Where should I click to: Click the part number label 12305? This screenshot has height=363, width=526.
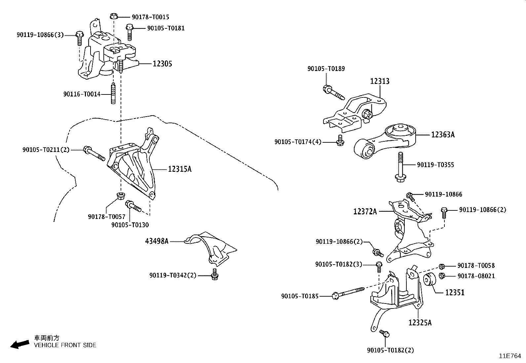click(162, 64)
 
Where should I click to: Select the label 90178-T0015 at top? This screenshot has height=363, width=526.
click(150, 17)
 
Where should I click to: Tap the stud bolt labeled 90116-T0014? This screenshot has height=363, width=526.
click(113, 94)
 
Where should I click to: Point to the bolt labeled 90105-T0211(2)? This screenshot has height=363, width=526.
click(94, 153)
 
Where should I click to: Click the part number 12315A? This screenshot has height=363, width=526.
click(179, 169)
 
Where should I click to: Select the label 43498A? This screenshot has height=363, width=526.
click(157, 241)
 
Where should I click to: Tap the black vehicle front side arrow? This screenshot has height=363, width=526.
click(19, 345)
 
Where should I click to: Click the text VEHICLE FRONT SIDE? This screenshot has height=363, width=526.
click(65, 345)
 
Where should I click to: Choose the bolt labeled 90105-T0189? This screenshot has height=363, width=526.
click(333, 92)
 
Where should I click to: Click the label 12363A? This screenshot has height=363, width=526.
click(442, 135)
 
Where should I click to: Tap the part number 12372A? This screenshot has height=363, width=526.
click(365, 211)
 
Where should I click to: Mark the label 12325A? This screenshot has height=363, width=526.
click(420, 323)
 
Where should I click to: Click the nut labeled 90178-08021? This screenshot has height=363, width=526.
click(442, 276)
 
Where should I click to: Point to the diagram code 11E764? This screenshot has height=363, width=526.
click(510, 356)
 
